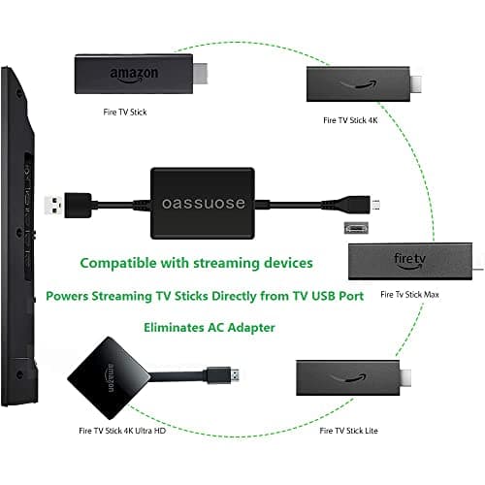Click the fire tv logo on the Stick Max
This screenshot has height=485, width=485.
tap(409, 260)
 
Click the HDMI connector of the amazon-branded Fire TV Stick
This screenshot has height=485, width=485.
tap(205, 74)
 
